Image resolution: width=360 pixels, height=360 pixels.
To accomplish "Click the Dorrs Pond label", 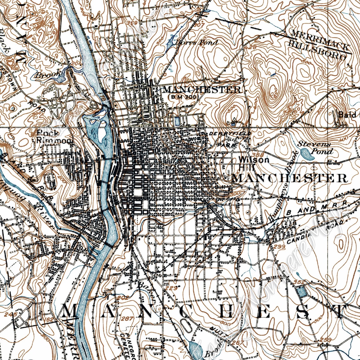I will pyautogui.click(x=196, y=42).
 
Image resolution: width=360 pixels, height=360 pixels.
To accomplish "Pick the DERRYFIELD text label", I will pyautogui.click(x=230, y=134).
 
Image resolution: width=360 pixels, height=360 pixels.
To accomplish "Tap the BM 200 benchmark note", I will pyautogui.click(x=183, y=98).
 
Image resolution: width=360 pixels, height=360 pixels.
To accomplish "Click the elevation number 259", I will pyautogui.click(x=325, y=340).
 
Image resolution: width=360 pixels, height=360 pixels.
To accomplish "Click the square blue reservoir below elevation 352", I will pyautogui.click(x=301, y=292).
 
